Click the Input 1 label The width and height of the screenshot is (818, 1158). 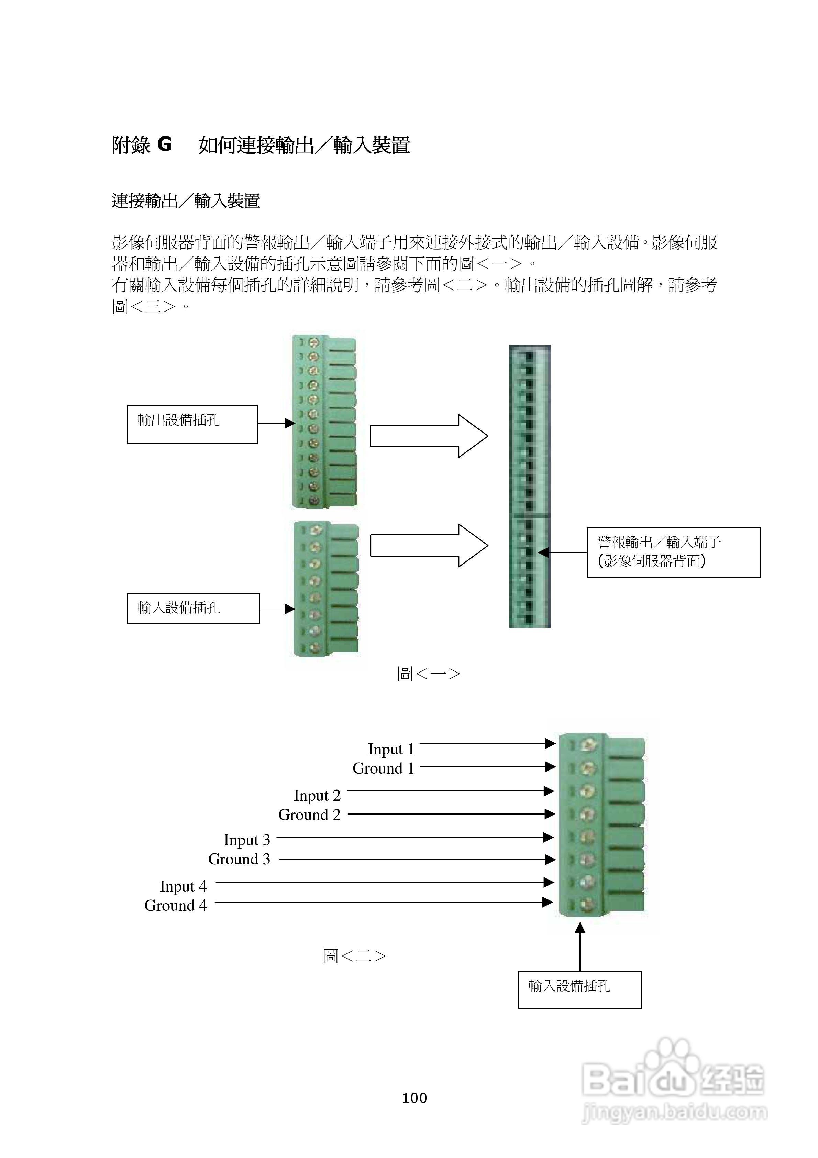pyautogui.click(x=391, y=749)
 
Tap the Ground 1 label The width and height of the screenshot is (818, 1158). pyautogui.click(x=383, y=768)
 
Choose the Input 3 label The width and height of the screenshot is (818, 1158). pyautogui.click(x=247, y=840)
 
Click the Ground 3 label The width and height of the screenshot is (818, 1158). pyautogui.click(x=239, y=859)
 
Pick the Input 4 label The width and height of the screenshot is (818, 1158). pyautogui.click(x=183, y=886)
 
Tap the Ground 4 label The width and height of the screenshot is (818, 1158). pyautogui.click(x=176, y=905)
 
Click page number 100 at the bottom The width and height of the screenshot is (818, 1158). pyautogui.click(x=414, y=1098)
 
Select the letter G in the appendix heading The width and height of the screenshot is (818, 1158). pyautogui.click(x=164, y=145)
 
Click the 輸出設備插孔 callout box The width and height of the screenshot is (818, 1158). pyautogui.click(x=192, y=424)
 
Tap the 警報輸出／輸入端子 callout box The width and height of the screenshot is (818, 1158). pyautogui.click(x=673, y=552)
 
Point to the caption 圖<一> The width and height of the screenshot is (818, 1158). pyautogui.click(x=429, y=674)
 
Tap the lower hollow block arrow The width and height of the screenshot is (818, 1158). pyautogui.click(x=429, y=545)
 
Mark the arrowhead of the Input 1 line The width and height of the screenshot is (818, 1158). pyautogui.click(x=550, y=743)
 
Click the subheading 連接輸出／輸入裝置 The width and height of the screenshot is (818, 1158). pyautogui.click(x=186, y=201)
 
